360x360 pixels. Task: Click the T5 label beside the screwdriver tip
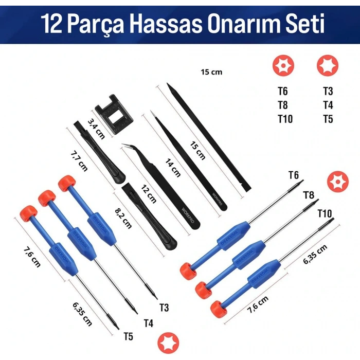pos(129,337)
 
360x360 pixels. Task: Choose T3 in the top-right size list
pos(328,92)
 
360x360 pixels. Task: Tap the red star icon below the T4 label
pos(165,343)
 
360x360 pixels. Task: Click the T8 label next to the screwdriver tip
pos(309,195)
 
